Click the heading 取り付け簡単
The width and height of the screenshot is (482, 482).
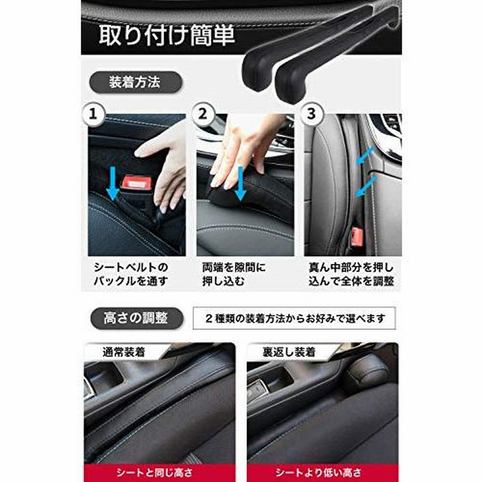tap(167, 34)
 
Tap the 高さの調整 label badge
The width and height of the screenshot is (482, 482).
tap(135, 319)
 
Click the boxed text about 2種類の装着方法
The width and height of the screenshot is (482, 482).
tap(294, 318)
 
